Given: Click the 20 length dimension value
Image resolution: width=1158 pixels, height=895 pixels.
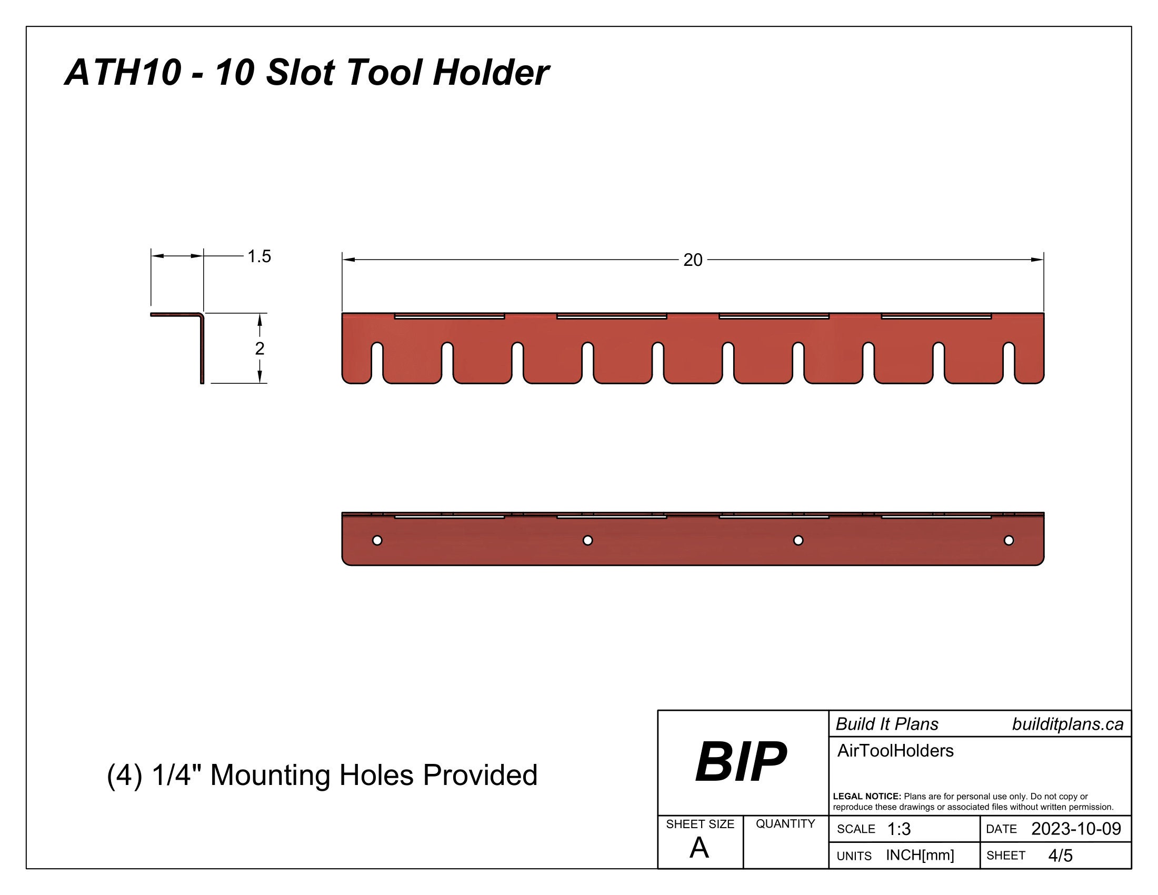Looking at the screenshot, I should tap(693, 260).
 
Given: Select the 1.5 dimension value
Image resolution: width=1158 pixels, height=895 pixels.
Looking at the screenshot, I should tap(259, 256).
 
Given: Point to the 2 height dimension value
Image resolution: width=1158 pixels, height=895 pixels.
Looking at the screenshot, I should tap(259, 349).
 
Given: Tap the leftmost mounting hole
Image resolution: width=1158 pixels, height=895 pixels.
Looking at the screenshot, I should tap(377, 540).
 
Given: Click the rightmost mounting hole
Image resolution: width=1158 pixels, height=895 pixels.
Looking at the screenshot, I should tap(1009, 540).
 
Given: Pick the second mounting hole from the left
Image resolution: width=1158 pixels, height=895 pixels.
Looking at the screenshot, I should tap(587, 540).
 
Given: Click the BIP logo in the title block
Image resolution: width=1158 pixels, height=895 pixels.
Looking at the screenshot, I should tap(741, 762).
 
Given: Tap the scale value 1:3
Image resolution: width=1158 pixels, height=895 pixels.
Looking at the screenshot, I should tap(899, 829).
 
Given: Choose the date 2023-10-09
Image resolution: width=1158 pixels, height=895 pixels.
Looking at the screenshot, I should tap(1076, 829).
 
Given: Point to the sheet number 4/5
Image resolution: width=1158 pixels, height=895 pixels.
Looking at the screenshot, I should tap(1060, 856).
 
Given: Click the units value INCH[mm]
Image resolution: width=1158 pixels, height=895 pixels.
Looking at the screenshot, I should tap(920, 855).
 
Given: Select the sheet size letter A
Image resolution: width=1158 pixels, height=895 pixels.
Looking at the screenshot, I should tap(699, 848).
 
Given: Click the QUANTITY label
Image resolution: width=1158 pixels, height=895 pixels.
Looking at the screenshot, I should tap(785, 823).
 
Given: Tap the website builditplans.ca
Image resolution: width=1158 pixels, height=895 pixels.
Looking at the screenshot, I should tap(1067, 724).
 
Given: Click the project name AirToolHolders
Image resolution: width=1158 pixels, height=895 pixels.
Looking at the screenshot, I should tap(895, 751).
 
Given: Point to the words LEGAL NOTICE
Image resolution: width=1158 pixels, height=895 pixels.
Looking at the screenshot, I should tap(866, 797).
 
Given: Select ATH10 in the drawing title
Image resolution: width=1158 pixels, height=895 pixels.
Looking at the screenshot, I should tap(123, 72).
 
